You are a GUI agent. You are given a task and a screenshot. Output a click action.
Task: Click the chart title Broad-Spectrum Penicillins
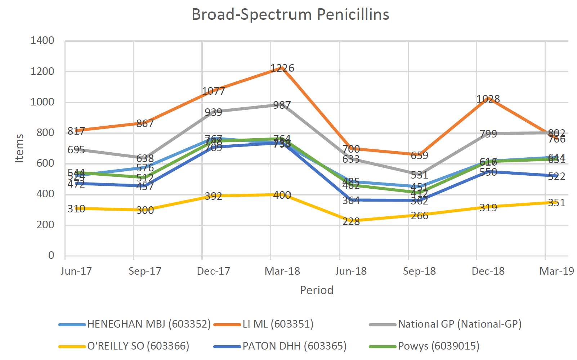click(290, 15)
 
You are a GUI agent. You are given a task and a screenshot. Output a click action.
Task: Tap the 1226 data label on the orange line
click(282, 68)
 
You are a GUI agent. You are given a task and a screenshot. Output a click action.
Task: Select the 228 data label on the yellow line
click(351, 221)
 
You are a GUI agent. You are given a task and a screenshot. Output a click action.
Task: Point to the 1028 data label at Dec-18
click(488, 99)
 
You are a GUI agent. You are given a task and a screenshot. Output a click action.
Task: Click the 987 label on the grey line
click(282, 105)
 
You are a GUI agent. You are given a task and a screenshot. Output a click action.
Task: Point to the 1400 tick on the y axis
click(43, 40)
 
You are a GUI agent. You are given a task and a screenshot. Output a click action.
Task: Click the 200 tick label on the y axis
click(45, 225)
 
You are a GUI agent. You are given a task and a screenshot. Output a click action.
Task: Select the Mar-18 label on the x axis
click(282, 271)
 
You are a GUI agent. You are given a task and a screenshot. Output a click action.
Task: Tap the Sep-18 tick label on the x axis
click(419, 271)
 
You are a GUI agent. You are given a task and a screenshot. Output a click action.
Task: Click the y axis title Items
click(19, 148)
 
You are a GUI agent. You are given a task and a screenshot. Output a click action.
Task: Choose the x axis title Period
click(316, 290)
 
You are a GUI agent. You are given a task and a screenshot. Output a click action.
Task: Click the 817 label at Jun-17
click(76, 131)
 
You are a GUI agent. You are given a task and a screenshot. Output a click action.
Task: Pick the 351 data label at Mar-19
click(556, 203)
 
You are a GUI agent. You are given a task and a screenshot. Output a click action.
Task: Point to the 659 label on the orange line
click(419, 156)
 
